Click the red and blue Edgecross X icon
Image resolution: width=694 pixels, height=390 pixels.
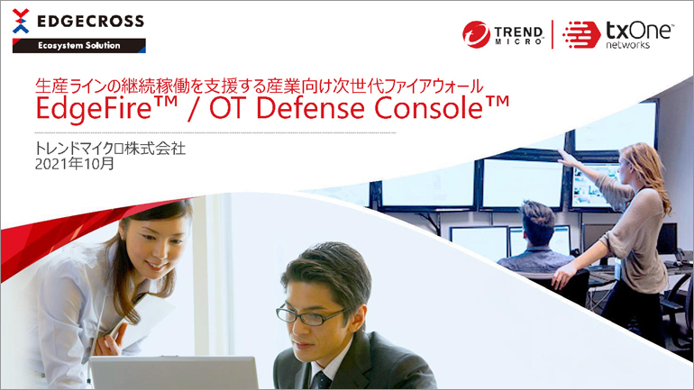(x=21, y=21)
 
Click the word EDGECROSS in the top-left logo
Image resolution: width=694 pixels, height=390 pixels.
(x=91, y=21)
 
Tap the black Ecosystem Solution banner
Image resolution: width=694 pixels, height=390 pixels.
(x=78, y=46)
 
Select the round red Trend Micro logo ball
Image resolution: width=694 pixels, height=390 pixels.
(x=476, y=34)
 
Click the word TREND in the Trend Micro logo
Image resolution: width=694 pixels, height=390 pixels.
(x=518, y=32)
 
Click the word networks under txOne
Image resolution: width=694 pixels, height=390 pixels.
(x=627, y=45)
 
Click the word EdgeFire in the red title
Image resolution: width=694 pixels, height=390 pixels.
(x=94, y=109)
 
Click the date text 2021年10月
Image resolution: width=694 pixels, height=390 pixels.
(x=74, y=164)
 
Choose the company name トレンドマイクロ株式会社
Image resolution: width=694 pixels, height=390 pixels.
(x=110, y=149)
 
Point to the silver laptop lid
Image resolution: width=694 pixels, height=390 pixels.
(x=174, y=373)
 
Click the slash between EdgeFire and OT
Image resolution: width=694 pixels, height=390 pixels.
(x=193, y=109)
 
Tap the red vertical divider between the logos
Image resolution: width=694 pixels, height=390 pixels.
(x=552, y=34)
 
